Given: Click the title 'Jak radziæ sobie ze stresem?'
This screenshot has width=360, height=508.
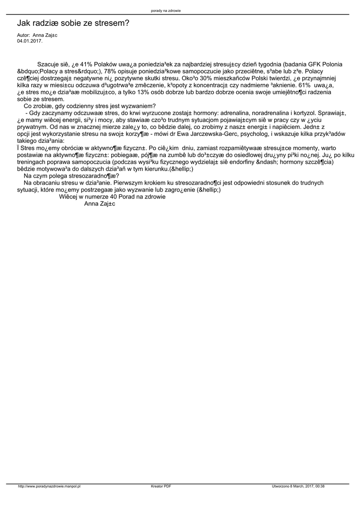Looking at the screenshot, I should click(73, 23).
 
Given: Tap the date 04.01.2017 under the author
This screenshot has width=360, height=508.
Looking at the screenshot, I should click(29, 41).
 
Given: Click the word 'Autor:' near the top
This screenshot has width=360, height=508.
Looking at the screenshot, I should click(23, 36).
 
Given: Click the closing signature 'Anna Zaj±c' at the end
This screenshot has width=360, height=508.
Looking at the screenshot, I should click(100, 203).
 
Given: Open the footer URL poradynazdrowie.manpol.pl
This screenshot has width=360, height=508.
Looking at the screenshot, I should click(49, 487).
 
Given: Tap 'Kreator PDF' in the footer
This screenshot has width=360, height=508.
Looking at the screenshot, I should click(161, 487).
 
